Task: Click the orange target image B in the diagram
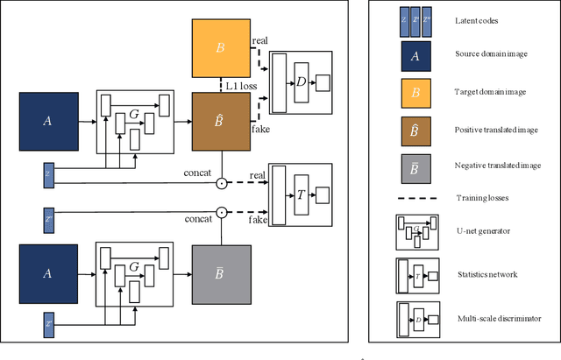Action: tap(221, 47)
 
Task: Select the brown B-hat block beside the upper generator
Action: tap(221, 124)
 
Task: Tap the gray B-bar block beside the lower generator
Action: tap(221, 274)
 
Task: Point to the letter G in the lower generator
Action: tap(135, 265)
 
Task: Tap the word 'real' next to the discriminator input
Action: tap(259, 41)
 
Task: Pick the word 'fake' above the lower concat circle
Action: tap(259, 220)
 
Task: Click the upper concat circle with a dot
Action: tap(222, 183)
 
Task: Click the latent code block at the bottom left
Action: tap(49, 326)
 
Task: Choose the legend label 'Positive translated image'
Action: tap(496, 130)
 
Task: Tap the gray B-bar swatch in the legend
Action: tap(415, 164)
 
